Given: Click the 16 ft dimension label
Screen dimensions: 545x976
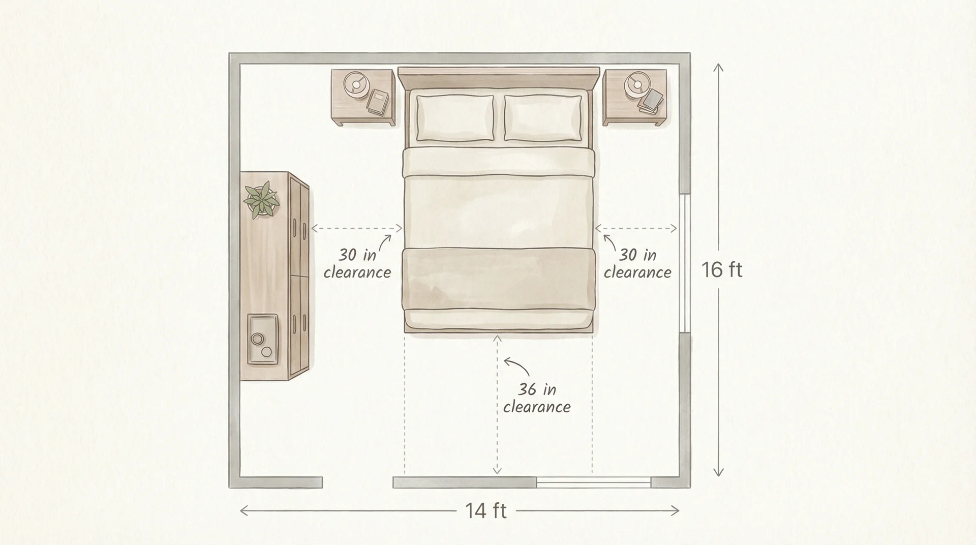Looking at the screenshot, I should [x=722, y=269].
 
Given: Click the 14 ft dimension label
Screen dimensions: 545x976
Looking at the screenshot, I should [x=486, y=510].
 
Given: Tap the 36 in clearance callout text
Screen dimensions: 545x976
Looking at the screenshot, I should [x=537, y=398].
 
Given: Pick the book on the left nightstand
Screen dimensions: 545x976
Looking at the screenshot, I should [x=378, y=102].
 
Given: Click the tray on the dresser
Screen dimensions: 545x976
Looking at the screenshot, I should [x=263, y=339].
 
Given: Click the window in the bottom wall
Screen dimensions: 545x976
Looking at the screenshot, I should [x=593, y=482].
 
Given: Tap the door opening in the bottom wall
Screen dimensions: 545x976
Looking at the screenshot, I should [x=357, y=482].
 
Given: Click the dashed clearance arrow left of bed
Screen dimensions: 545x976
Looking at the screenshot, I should [x=356, y=229].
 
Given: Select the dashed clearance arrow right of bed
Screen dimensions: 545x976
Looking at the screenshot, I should [x=636, y=229].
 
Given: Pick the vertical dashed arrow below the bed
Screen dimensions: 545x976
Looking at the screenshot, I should [x=497, y=404].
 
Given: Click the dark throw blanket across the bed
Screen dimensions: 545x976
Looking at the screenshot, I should [x=499, y=279].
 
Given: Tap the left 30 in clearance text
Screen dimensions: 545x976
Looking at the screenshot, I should [x=357, y=263].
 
